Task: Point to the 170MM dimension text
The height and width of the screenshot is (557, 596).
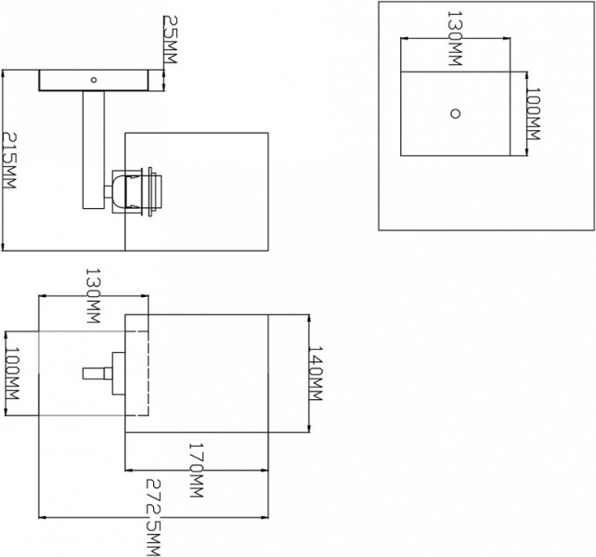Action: [x=195, y=471]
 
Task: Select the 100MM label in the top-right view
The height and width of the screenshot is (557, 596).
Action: [x=533, y=114]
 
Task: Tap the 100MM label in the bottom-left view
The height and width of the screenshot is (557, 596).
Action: [x=12, y=382]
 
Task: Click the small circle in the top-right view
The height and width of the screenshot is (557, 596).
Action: [x=455, y=113]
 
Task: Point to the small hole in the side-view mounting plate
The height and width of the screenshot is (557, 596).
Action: [x=93, y=80]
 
